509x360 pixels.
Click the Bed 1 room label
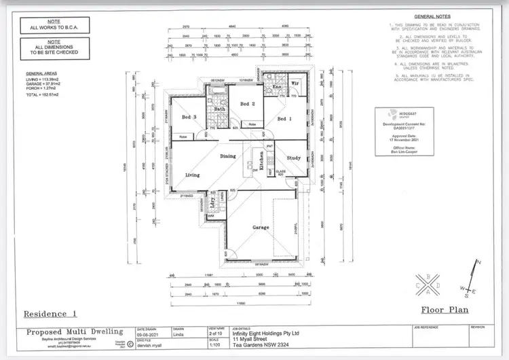[284, 119]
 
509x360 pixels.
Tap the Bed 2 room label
[247, 104]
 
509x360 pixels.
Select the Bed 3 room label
[189, 118]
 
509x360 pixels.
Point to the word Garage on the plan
[261, 228]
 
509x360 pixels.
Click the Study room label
[293, 158]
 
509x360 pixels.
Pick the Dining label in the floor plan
[229, 156]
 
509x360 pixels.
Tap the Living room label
[193, 175]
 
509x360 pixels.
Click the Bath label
[220, 109]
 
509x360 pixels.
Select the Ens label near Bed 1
[277, 88]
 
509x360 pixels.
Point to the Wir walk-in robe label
[295, 83]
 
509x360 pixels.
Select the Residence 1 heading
[51, 314]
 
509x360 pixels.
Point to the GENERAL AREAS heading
[41, 72]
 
